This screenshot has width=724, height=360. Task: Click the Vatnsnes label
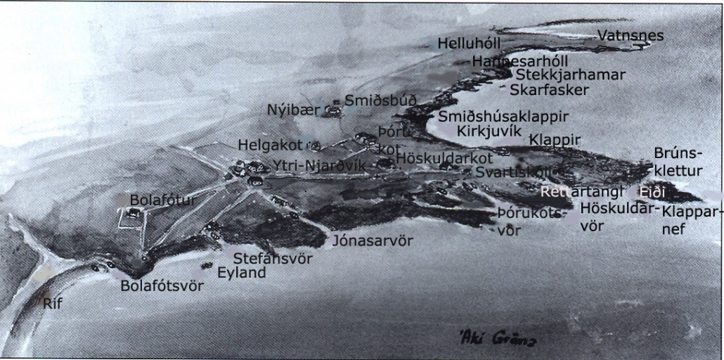(630, 35)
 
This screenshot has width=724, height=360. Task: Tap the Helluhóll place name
(469, 44)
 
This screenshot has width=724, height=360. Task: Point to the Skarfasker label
(549, 89)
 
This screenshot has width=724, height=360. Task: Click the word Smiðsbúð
(380, 101)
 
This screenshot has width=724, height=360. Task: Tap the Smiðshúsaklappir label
(503, 117)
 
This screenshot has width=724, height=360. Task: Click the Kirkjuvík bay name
(489, 131)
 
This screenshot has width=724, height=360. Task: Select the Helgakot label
(270, 145)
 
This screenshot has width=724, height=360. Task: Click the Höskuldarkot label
(444, 158)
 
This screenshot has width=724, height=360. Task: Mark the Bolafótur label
(163, 201)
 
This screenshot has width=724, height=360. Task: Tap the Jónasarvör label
(373, 241)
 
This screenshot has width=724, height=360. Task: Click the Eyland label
(241, 272)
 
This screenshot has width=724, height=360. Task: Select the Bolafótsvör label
(162, 286)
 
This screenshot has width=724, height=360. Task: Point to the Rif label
(53, 304)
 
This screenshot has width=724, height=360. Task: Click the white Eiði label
(651, 192)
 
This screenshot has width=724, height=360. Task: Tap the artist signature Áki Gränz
(497, 339)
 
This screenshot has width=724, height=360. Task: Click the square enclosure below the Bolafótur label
(131, 219)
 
